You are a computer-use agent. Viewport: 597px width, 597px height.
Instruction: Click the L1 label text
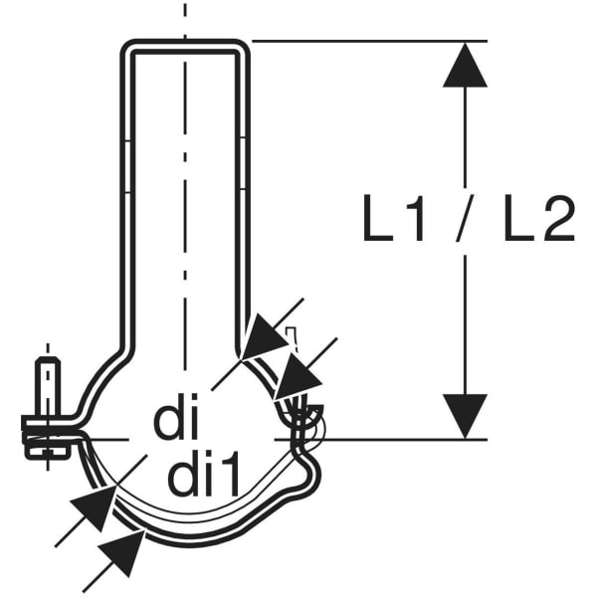click(x=393, y=218)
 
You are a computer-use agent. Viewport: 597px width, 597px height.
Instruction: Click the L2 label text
click(x=539, y=218)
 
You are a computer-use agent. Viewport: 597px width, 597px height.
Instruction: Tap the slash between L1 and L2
click(x=464, y=218)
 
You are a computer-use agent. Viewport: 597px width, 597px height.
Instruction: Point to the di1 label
click(x=204, y=474)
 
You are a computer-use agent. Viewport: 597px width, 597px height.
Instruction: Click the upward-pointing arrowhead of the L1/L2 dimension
click(x=465, y=65)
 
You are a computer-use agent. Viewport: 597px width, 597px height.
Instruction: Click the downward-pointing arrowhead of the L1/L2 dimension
click(x=465, y=416)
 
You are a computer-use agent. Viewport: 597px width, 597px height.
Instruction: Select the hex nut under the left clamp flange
click(x=47, y=450)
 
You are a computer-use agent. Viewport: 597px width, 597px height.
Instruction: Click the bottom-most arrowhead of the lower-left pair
click(x=121, y=554)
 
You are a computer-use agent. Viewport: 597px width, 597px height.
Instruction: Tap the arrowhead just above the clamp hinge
click(x=297, y=376)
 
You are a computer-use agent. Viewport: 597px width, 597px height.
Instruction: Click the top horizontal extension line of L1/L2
click(x=370, y=41)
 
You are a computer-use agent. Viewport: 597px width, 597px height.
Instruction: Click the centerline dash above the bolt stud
click(x=48, y=348)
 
